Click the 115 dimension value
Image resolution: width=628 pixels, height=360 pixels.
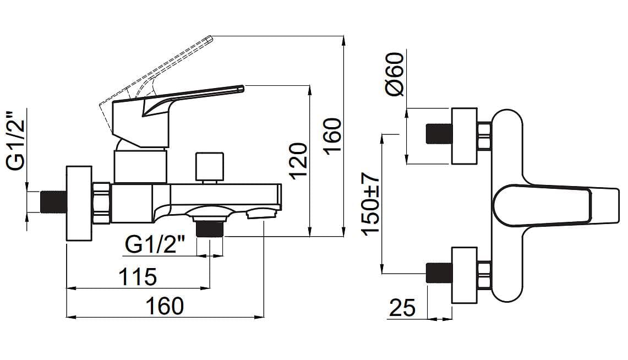[138, 276]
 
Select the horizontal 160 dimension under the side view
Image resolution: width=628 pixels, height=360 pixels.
[166, 306]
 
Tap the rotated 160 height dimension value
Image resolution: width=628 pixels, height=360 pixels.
[333, 136]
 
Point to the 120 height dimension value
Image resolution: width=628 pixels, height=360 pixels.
[298, 160]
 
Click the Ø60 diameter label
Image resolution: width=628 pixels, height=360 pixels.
[395, 74]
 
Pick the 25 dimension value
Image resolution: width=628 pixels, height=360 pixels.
[402, 308]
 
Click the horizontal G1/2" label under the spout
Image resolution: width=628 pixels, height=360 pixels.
[155, 244]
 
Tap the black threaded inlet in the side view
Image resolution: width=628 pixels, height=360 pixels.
[53, 201]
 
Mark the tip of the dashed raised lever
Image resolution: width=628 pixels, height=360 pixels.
[209, 39]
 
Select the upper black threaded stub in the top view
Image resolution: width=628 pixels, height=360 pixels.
[439, 134]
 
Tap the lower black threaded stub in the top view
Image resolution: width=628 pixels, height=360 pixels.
[439, 273]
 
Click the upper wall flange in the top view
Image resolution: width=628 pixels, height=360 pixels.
[464, 136]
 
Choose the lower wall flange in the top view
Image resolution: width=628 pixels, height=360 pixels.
[464, 275]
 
